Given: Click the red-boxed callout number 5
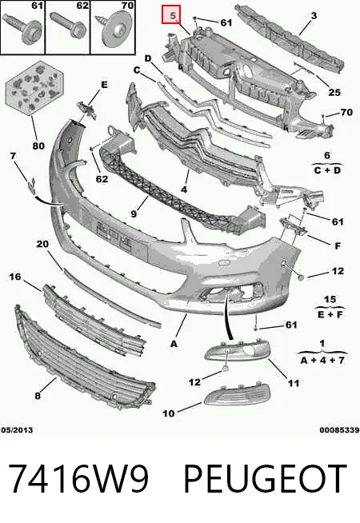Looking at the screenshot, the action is (x=172, y=15).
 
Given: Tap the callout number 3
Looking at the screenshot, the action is (x=314, y=15).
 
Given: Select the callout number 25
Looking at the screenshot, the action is (x=334, y=92).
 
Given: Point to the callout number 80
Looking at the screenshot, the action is (x=38, y=146).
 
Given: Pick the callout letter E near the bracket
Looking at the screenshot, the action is (x=104, y=85).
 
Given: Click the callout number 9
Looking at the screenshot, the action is (x=134, y=214).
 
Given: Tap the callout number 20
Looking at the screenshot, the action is (x=42, y=244).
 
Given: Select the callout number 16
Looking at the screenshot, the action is (x=14, y=277).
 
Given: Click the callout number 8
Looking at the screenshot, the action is (x=38, y=396).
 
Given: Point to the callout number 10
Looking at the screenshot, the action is (x=169, y=413).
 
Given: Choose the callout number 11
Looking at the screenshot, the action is (x=294, y=383).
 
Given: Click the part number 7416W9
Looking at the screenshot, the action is (x=78, y=478).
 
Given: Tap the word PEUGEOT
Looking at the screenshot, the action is (x=266, y=478).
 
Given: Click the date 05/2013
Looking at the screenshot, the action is (x=17, y=430).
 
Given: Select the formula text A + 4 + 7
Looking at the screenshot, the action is (x=322, y=360).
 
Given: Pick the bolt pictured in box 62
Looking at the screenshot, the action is (x=68, y=26).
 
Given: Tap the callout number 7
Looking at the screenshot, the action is (x=13, y=156).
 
